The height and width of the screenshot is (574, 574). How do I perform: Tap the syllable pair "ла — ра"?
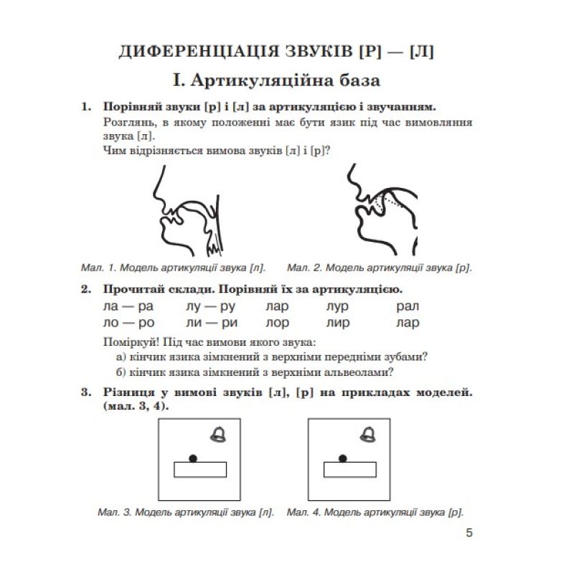(129, 306)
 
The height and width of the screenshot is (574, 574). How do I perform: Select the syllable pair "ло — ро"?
(129, 323)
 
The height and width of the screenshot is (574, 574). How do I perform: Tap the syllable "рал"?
(407, 306)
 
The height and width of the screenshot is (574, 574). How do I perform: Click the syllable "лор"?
(277, 323)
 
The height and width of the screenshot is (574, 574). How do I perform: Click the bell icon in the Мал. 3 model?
(217, 433)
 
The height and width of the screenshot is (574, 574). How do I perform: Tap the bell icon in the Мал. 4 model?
(368, 433)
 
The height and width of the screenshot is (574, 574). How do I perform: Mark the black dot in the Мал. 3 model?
(192, 458)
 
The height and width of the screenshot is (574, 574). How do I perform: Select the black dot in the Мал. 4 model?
(343, 458)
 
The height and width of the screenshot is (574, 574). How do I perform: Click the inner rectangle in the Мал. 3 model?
(200, 469)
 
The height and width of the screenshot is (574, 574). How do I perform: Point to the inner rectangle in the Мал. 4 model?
(350, 469)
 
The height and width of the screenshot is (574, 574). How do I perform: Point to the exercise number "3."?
(86, 393)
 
